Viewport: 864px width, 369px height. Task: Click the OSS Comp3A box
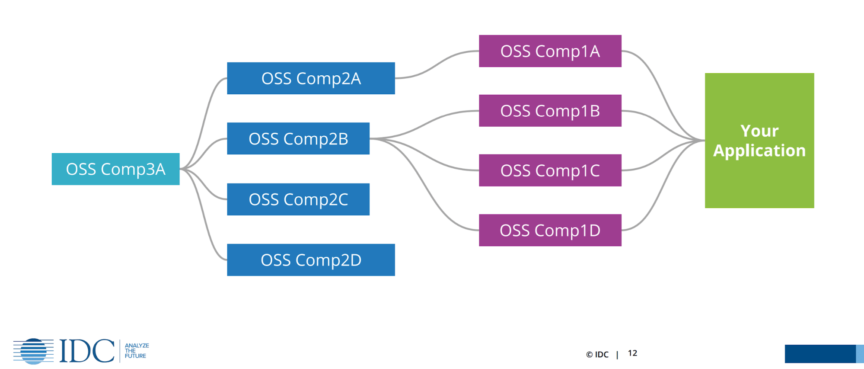[115, 169]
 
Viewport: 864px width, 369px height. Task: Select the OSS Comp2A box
[311, 78]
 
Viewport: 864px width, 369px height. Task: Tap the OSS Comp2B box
[298, 138]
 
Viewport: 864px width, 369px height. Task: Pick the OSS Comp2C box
[298, 199]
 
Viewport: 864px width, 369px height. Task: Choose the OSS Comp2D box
[311, 260]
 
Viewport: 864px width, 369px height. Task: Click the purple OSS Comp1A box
[550, 51]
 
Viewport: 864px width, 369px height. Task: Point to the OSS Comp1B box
[550, 111]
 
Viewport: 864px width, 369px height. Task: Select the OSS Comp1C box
[550, 170]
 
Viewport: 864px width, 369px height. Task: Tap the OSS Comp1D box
[550, 230]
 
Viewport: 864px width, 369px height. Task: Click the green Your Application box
[759, 182]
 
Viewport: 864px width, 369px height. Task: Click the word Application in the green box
[759, 151]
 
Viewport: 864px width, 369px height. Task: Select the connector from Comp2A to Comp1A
[437, 65]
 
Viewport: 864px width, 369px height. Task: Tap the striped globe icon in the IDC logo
[33, 351]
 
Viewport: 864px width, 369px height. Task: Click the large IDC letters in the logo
[87, 351]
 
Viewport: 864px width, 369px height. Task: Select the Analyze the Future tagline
[136, 351]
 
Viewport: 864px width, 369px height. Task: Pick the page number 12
[632, 353]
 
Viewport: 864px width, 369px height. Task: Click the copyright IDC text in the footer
[597, 355]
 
